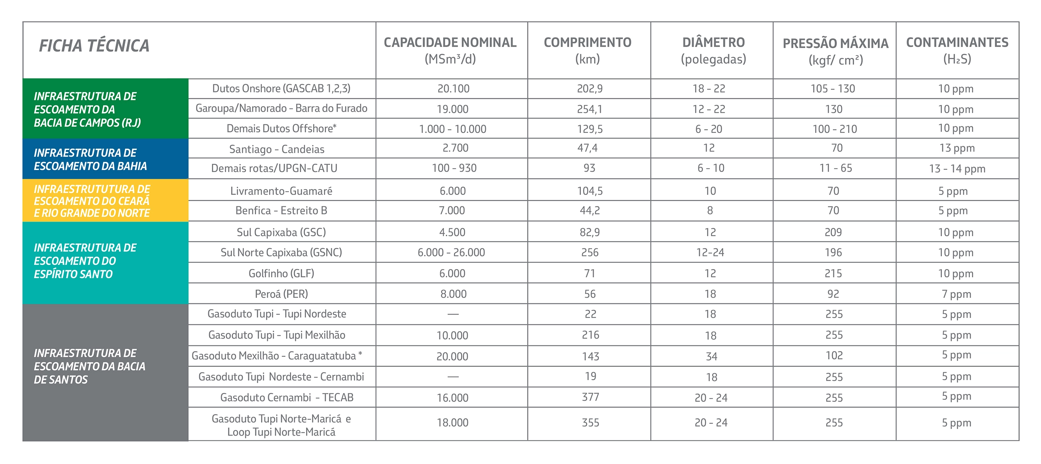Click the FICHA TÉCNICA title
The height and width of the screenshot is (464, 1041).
point(94,46)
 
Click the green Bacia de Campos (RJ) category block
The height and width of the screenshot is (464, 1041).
point(105,109)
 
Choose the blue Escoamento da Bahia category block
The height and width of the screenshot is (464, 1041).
point(105,159)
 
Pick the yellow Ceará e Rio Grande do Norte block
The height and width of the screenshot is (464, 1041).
point(105,201)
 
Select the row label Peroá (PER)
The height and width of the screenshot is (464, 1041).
point(281,294)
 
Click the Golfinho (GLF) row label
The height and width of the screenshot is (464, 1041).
point(281,274)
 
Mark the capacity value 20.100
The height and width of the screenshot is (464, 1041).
point(453,89)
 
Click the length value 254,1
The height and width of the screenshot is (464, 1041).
point(589,109)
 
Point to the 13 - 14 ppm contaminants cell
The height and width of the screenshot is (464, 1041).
point(957,169)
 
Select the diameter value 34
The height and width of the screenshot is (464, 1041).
point(711,357)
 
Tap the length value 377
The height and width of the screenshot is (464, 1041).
point(590,397)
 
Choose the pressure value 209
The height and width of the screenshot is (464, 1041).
point(833,232)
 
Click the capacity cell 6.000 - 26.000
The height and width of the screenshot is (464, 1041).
point(451,252)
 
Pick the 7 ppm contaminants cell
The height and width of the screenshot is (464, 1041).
point(956,294)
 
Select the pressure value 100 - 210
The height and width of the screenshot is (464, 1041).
point(834,129)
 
